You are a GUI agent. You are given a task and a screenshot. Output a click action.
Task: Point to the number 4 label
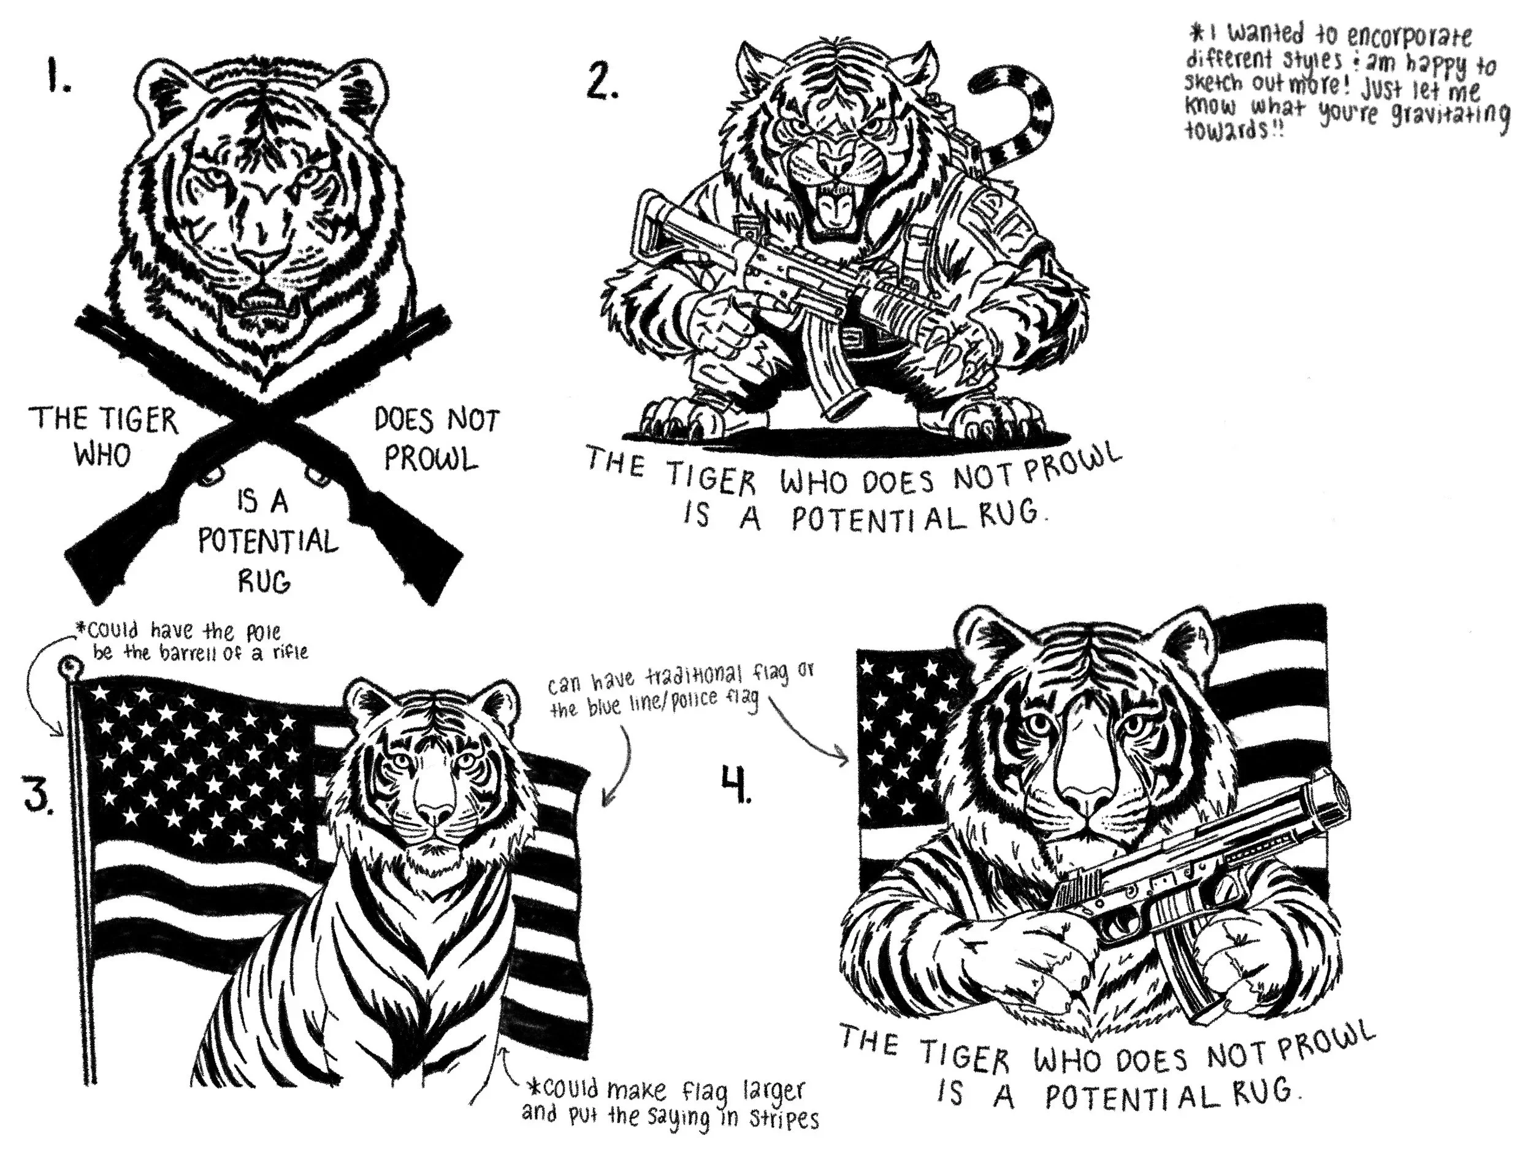736,783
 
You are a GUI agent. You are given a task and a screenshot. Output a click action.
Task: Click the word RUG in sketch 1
264,580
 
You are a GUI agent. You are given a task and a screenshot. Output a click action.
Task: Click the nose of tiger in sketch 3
435,812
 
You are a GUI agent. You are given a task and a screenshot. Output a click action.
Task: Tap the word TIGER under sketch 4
965,1061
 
